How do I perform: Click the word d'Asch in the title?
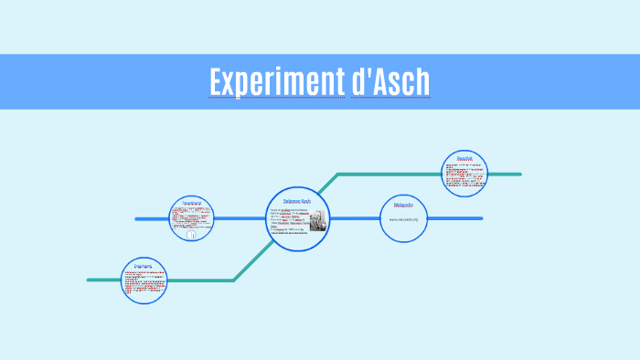coord(390,81)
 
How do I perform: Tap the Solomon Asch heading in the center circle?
coord(297,200)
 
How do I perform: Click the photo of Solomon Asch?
coord(317,220)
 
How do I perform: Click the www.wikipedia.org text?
coord(403,219)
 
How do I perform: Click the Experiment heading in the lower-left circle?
coord(144,267)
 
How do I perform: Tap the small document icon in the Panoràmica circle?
coord(192,235)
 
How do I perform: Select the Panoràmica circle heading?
coord(191,203)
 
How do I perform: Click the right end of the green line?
coord(519,174)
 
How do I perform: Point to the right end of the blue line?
coord(481,218)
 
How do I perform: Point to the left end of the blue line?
coord(137,219)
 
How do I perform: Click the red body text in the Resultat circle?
coord(464,175)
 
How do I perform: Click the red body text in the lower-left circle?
coord(144,284)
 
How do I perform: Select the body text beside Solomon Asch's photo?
coord(288,220)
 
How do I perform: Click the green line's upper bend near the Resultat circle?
coord(338,174)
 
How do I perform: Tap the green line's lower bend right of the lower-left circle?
coord(233,280)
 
